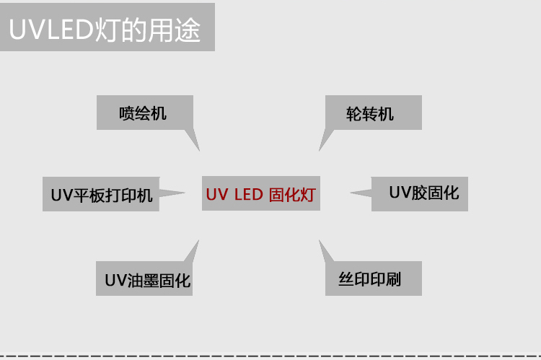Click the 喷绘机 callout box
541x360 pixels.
144,113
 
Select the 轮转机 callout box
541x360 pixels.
372,113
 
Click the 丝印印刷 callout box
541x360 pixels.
370,278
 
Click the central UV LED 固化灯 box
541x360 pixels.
260,194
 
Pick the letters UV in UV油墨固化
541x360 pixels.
114,280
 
